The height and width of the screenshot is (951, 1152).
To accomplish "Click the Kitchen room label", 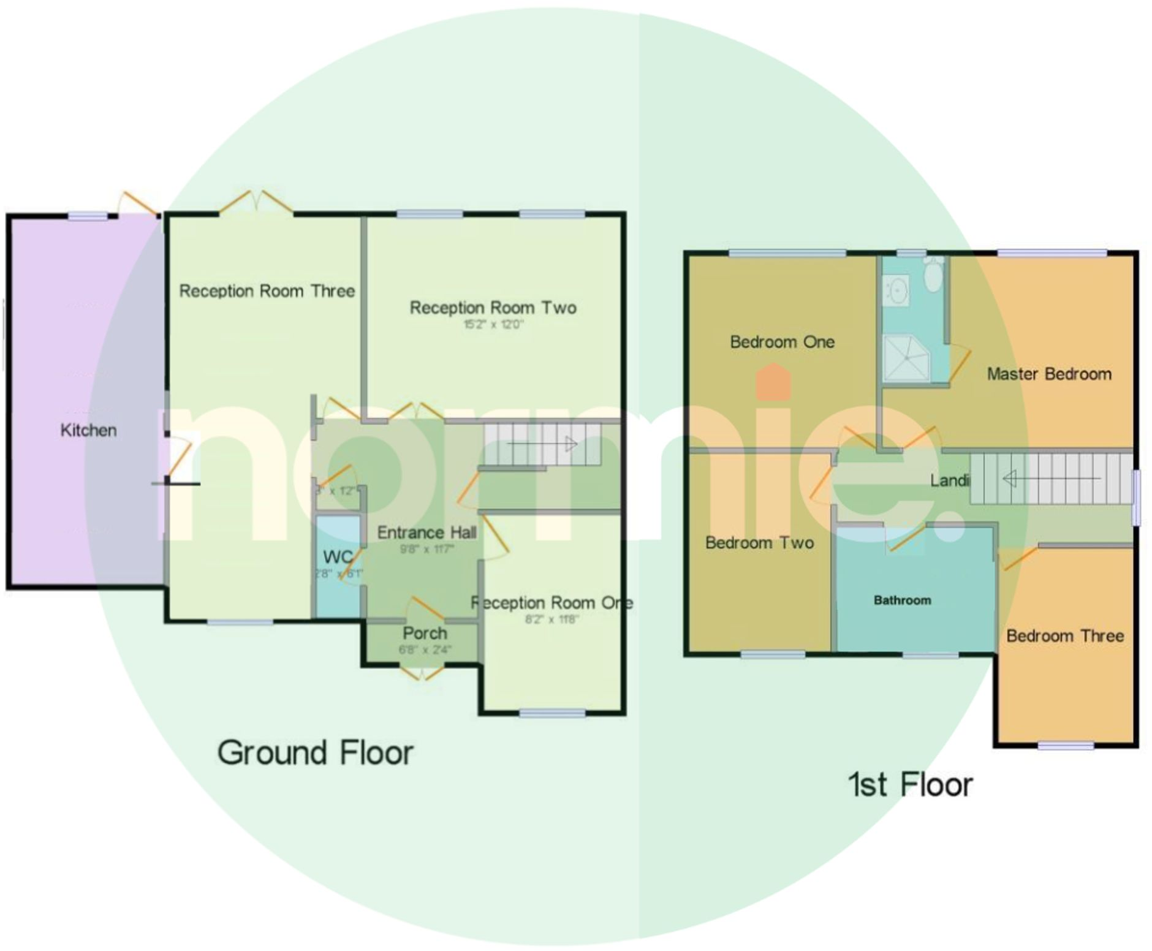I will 88,430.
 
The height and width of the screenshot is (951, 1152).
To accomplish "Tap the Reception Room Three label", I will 267,291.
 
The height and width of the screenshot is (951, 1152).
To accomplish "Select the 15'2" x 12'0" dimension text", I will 493,324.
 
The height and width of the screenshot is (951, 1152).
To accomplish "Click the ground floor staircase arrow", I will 542,444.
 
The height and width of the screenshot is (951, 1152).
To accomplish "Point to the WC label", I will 337,557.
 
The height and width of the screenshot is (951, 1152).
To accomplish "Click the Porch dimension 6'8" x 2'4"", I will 425,650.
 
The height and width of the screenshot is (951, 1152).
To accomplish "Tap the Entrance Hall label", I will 426,532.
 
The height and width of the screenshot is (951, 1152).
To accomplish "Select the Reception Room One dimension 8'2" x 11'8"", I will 551,619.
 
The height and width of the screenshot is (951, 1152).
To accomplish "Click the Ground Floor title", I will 316,752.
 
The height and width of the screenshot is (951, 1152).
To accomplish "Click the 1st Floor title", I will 910,785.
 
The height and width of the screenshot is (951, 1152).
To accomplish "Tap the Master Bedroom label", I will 1049,374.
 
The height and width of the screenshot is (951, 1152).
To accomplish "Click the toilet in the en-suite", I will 933,276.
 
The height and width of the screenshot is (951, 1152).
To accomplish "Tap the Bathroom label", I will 902,601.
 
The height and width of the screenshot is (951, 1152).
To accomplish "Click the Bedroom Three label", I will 1065,636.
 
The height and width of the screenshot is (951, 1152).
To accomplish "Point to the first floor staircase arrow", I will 1051,478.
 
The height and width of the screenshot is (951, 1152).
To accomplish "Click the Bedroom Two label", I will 759,543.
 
